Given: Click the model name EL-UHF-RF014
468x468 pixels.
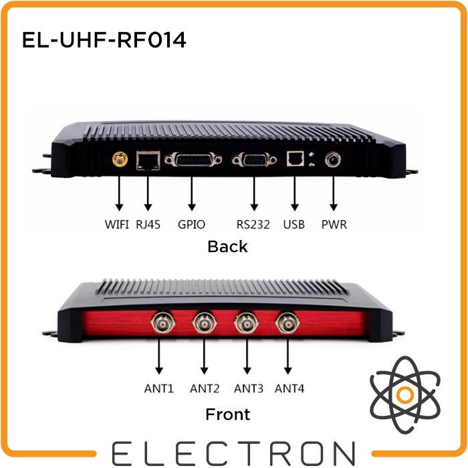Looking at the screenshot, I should point(104,41).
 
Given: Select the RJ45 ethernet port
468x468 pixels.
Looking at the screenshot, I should point(147,160).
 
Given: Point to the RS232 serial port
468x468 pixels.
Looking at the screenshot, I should point(253,160).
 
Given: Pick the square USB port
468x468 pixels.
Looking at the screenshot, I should point(294,159).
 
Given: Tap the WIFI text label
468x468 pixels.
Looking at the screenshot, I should point(117,224).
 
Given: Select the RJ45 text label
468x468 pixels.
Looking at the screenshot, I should point(148,224).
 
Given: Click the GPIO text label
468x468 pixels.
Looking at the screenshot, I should point(192,224).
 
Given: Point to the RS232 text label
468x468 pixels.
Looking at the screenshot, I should point(253,224).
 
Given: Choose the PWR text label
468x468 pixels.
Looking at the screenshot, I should point(334,224).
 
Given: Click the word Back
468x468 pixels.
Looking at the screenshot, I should point(227,247).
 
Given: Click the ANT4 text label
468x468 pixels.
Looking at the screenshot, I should point(289,388).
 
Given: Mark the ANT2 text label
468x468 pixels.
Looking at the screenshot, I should point(205,388).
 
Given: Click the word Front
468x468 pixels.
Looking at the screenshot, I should point(227,415).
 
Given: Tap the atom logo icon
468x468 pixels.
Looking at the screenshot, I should point(404,394).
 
